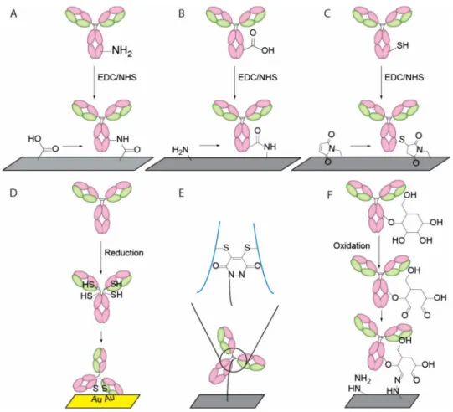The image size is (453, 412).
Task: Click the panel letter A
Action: (x=13, y=13)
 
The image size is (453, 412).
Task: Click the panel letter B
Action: (x=182, y=13)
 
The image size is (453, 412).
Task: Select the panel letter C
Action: (x=327, y=13)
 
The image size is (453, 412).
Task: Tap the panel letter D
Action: (x=13, y=193)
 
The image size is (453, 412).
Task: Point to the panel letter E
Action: (x=182, y=193)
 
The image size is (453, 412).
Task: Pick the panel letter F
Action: (x=329, y=195)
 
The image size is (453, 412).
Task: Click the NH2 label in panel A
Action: (x=122, y=51)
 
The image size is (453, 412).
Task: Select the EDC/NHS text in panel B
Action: (x=257, y=77)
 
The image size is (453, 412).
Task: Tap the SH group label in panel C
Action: (x=403, y=45)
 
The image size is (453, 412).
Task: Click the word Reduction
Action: (x=124, y=253)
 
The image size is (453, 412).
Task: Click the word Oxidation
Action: (x=352, y=245)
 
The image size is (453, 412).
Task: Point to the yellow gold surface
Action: (x=103, y=401)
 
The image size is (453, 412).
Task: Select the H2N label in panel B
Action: (x=180, y=150)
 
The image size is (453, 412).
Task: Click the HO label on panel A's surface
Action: (x=34, y=139)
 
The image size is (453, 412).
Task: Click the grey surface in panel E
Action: (x=227, y=401)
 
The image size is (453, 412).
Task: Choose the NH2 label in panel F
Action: (x=363, y=379)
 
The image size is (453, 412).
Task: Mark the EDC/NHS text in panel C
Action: (x=404, y=77)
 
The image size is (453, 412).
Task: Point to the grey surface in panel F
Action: (x=382, y=401)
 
